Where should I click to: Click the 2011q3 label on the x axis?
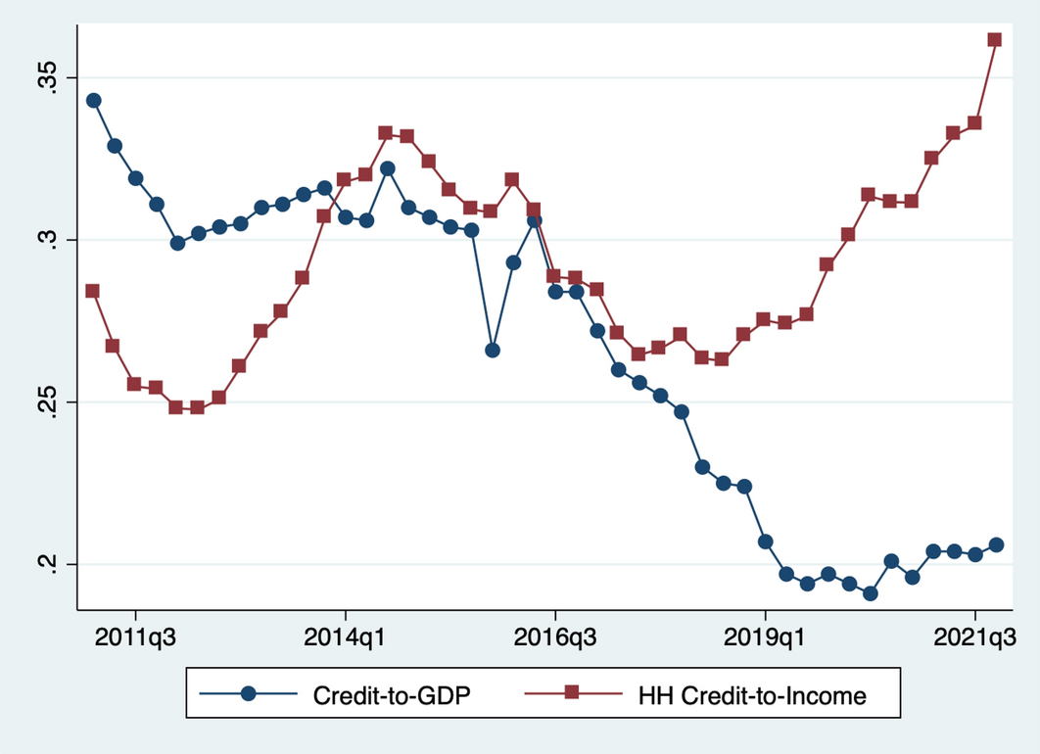tap(135, 636)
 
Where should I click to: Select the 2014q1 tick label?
tap(345, 636)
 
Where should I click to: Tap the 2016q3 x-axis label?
tap(555, 636)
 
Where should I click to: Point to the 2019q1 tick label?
tap(765, 636)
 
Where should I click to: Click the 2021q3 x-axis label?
tap(975, 636)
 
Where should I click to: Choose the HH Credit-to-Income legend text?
tap(752, 696)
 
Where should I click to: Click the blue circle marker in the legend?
tap(249, 693)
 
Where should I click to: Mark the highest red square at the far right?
tap(995, 40)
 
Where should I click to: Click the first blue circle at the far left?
tap(94, 100)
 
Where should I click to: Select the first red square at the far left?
tap(92, 291)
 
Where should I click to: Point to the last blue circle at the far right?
tap(996, 544)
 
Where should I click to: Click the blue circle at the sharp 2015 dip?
tap(493, 350)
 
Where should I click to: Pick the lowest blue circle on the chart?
tap(871, 593)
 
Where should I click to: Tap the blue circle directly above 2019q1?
tap(765, 542)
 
